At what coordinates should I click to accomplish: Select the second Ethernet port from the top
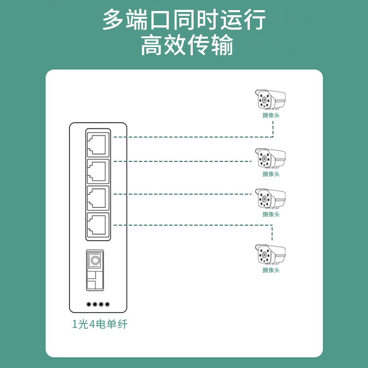(98, 171)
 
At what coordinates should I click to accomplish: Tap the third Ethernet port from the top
(98, 198)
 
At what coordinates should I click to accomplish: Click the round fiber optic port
(95, 260)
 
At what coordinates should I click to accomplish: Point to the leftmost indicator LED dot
(88, 304)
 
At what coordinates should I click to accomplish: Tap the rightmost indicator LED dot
(108, 304)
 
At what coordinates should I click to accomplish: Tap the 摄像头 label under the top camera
(271, 115)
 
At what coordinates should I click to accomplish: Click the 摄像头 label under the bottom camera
(271, 270)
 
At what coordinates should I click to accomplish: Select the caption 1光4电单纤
(99, 324)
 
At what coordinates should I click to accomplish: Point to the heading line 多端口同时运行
(184, 20)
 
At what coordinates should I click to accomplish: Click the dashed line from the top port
(193, 137)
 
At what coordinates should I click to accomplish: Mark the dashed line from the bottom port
(193, 225)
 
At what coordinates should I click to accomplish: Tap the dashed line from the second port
(184, 161)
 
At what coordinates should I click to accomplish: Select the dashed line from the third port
(184, 194)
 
